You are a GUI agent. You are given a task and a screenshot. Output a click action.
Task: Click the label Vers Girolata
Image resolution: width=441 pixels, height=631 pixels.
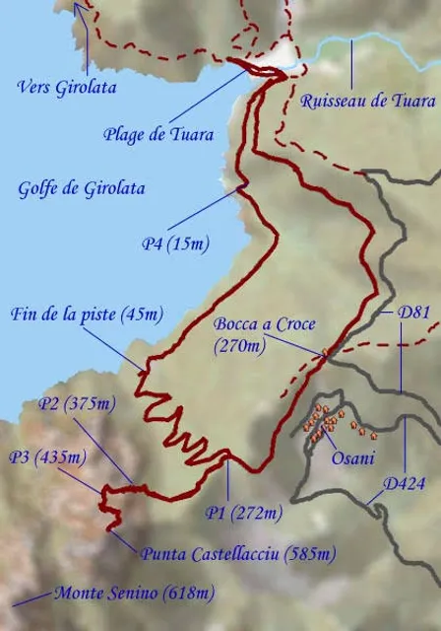pos(67,87)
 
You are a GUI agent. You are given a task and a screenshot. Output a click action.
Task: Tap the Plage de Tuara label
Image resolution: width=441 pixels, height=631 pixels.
pos(158,134)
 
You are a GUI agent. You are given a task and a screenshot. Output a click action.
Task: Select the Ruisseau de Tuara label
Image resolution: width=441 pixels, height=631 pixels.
pos(367,101)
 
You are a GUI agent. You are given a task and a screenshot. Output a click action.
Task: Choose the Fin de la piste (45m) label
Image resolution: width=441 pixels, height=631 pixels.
pos(87,315)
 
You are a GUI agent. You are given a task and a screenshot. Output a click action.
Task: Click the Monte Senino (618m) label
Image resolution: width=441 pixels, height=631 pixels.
pos(133,594)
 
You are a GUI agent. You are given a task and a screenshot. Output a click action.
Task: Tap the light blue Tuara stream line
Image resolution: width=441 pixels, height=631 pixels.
pos(374,41)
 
